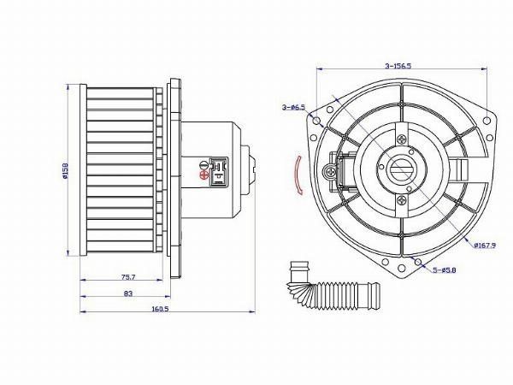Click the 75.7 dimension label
click(128, 277)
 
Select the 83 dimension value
click(128, 293)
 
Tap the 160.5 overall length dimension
click(160, 309)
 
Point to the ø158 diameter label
click(64, 169)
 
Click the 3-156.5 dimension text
click(398, 66)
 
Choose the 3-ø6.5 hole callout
click(293, 107)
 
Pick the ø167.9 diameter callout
click(485, 245)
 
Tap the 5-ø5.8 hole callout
click(445, 270)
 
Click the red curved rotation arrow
click(298, 175)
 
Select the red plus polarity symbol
click(203, 175)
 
